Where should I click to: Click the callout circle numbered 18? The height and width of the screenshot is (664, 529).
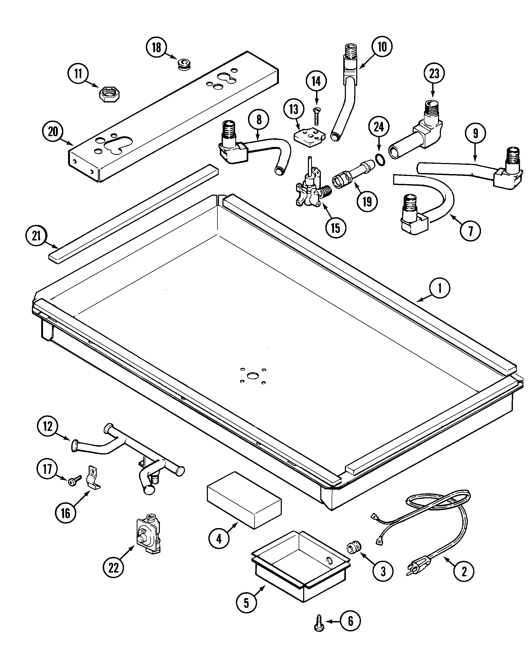[157, 48]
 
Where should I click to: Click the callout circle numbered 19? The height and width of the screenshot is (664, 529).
[367, 202]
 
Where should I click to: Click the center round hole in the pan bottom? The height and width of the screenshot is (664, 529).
[253, 375]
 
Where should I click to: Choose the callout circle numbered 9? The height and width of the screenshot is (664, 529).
[475, 133]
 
